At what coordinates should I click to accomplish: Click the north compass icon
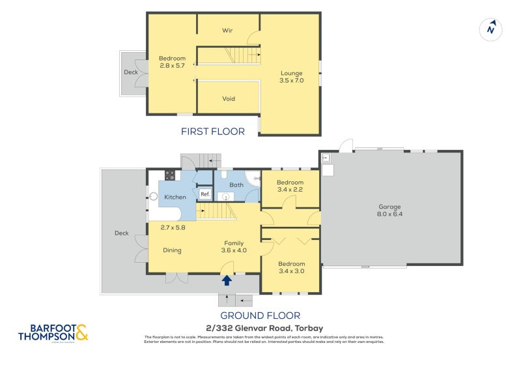coord(492,29)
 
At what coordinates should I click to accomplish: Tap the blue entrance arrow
coord(227,280)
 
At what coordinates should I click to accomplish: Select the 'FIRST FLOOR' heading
coord(213,132)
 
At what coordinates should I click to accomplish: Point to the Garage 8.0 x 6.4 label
coord(389,211)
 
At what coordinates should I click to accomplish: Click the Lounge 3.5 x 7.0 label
coord(292,76)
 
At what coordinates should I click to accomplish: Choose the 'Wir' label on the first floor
coord(228,31)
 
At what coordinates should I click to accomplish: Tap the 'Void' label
coord(229,99)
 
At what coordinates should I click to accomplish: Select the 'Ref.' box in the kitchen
coord(204,194)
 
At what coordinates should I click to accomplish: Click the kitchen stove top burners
coord(170,175)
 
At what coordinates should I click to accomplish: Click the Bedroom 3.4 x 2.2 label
coord(290,186)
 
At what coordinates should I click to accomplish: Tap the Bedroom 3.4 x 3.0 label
coord(290,267)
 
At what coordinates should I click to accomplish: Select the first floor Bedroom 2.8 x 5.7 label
coord(173,63)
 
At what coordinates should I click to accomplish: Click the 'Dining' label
coord(172,250)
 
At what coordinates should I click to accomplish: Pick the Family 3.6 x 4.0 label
coord(234,246)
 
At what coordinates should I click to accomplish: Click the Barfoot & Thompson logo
coord(53,333)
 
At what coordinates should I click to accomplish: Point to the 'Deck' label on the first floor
coord(131,72)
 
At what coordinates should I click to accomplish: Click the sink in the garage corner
coord(326,158)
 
